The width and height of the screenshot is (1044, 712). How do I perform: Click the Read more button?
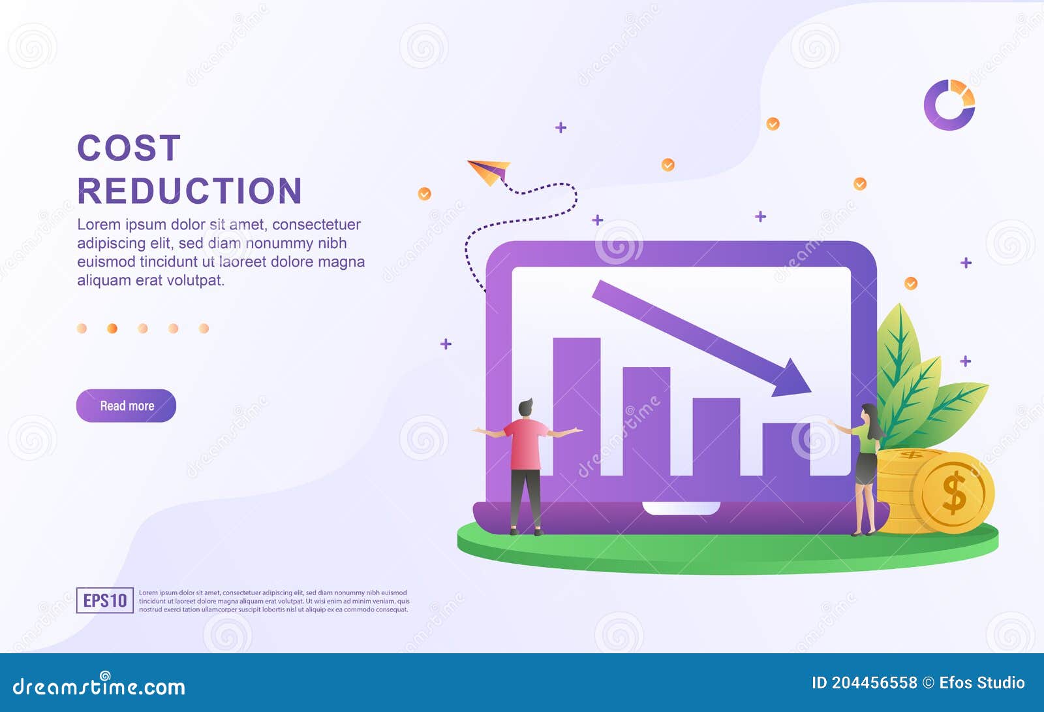click(126, 406)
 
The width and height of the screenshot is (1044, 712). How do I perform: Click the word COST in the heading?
click(129, 148)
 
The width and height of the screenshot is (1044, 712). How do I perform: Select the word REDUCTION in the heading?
click(190, 191)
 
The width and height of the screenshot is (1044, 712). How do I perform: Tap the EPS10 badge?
click(105, 600)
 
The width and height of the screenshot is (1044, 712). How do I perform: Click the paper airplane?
click(489, 171)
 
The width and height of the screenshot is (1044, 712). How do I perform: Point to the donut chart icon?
click(949, 105)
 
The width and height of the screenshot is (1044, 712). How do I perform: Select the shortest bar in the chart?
click(786, 449)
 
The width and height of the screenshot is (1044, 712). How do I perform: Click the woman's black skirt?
click(866, 468)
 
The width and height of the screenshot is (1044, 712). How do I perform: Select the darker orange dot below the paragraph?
click(112, 329)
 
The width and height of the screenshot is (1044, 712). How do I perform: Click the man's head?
click(525, 408)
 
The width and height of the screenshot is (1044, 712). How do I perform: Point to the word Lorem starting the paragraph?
click(99, 225)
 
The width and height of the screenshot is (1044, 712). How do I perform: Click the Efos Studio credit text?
click(981, 683)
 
